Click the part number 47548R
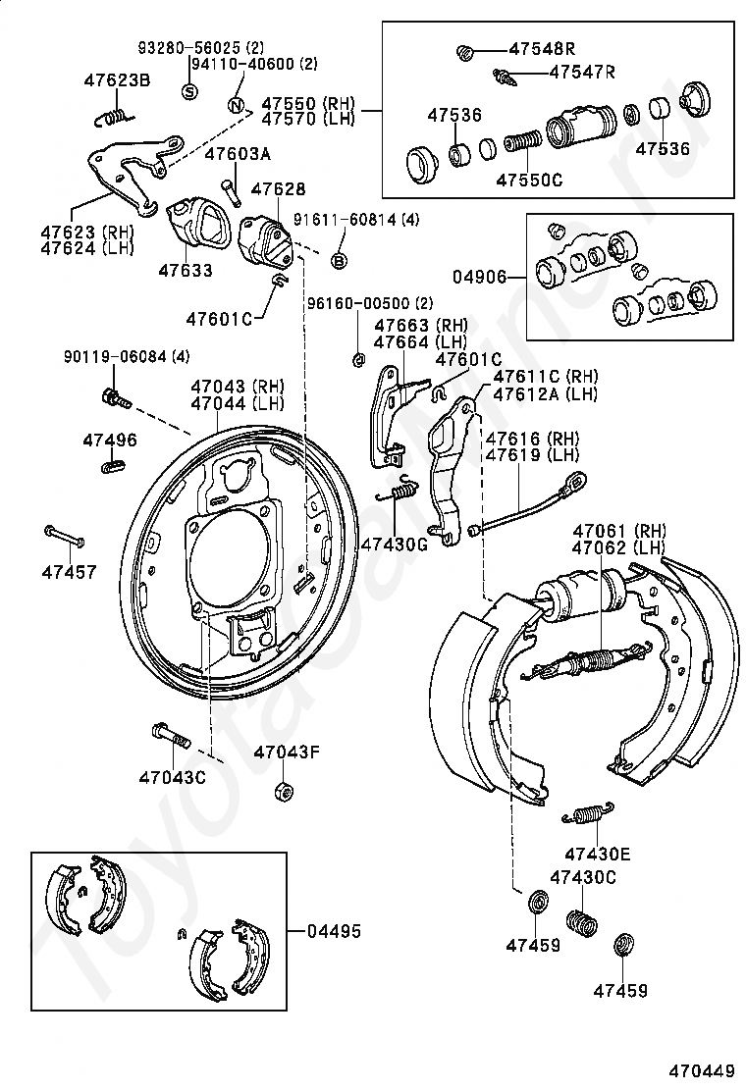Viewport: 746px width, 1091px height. point(542,49)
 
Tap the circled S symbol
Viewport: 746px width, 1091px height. point(189,91)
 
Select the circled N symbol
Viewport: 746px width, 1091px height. point(236,106)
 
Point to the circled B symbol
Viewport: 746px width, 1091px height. point(339,261)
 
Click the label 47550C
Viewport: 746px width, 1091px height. point(529,181)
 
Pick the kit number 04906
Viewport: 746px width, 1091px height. point(479,277)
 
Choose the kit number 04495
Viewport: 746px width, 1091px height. point(335,931)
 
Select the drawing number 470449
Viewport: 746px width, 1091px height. point(703,1070)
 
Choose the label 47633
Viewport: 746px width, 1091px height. point(186,270)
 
